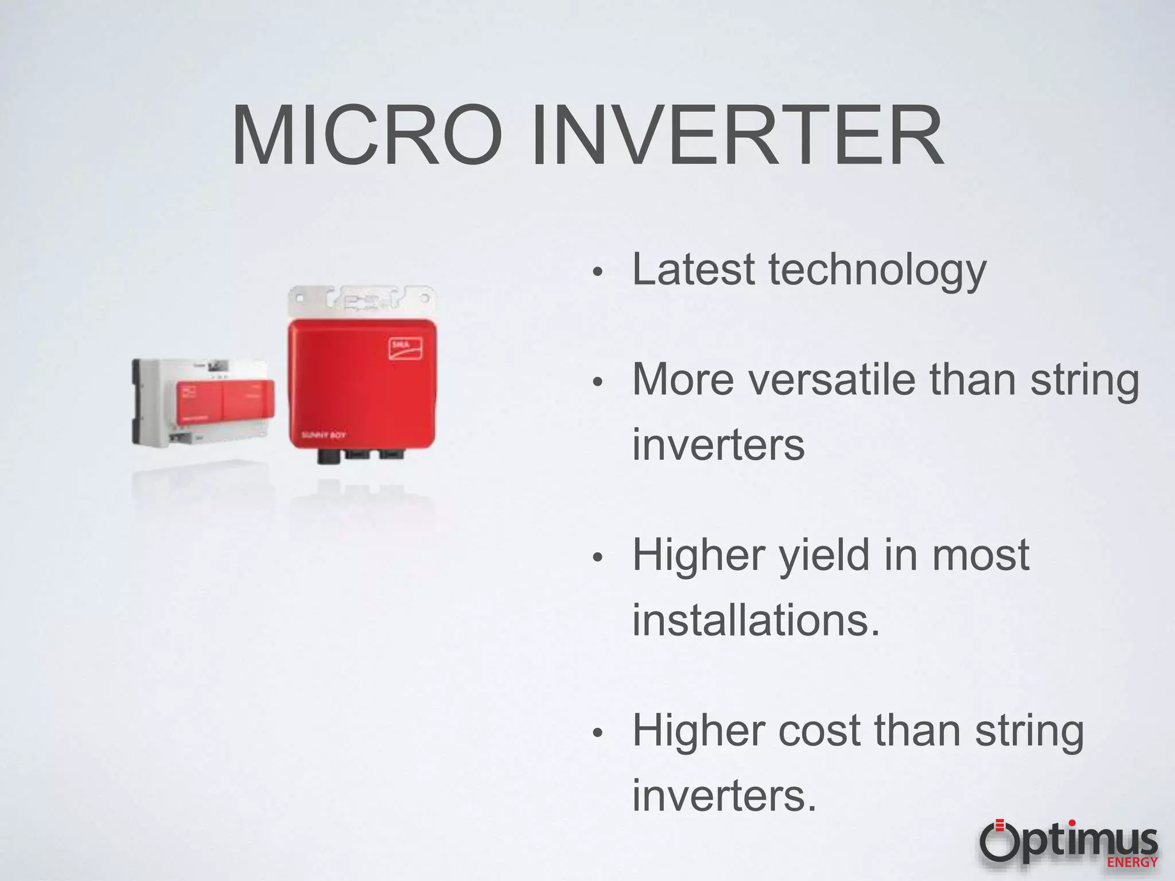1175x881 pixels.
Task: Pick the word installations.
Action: click(x=755, y=621)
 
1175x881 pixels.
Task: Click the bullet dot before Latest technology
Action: click(x=597, y=272)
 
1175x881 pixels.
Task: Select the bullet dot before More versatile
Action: click(x=597, y=383)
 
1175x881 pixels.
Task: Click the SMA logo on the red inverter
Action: click(x=406, y=348)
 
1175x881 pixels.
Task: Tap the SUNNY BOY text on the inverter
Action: click(x=324, y=435)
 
